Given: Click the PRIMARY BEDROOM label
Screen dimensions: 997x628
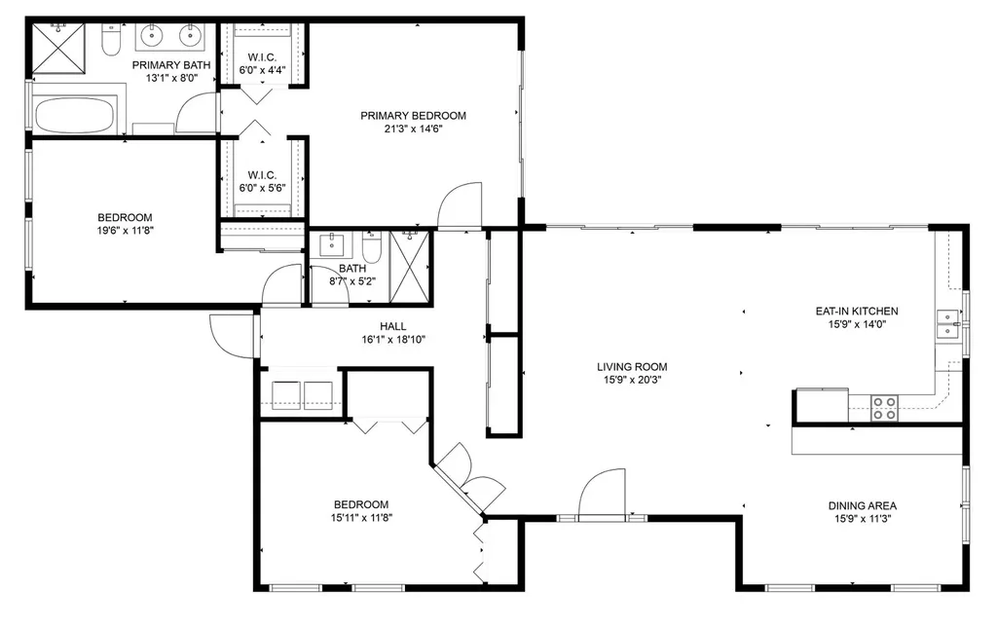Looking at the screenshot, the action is [x=413, y=116].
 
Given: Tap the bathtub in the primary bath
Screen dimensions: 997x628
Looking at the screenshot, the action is [x=74, y=115].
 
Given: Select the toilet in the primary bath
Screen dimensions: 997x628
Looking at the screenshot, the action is [x=111, y=39].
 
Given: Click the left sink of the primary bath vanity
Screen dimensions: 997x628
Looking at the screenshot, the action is [x=151, y=35].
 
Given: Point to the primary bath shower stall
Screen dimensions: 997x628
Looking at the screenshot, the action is [x=57, y=49].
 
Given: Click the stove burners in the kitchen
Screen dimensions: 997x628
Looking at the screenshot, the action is [x=884, y=408].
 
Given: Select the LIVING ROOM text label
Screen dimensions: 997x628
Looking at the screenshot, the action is [x=632, y=367].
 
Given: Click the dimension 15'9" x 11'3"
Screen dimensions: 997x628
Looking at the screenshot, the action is [x=863, y=519].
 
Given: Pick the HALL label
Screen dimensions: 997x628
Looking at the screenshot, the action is [x=393, y=326].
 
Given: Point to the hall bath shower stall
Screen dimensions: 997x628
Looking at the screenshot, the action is [x=410, y=267].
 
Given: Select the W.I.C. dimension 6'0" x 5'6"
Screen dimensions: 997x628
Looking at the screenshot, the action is [x=262, y=188].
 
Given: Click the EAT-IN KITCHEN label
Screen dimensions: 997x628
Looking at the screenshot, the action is [x=857, y=311].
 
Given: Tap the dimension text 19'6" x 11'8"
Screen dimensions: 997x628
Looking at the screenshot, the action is [x=126, y=231].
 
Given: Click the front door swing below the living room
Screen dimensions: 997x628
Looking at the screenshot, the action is [x=602, y=494].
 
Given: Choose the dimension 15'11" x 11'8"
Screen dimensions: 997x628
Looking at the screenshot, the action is [x=361, y=517].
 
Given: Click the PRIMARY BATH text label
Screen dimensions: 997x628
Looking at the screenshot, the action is [x=171, y=65].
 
